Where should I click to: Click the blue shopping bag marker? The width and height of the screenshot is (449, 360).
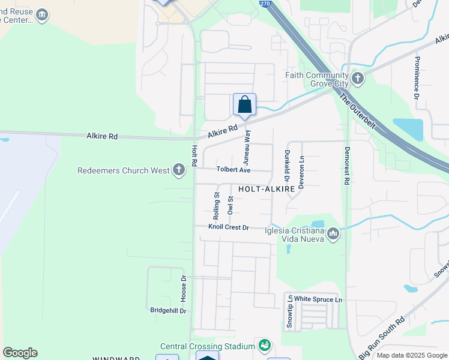click(244, 104)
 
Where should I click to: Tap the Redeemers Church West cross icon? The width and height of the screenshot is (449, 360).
click(178, 170)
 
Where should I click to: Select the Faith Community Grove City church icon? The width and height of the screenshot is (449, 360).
click(358, 79)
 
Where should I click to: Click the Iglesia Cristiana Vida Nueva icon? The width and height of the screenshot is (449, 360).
click(333, 233)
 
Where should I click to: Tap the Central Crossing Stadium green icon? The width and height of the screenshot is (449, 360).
click(264, 346)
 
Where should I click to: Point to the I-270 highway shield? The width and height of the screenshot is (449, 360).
click(265, 4)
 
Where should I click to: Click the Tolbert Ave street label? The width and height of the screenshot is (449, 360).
click(234, 170)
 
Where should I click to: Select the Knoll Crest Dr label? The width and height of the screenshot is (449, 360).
click(228, 227)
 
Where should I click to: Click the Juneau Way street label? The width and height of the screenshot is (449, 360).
click(246, 148)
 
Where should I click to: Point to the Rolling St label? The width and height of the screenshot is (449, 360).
click(216, 205)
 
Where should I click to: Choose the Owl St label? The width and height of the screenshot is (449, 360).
click(230, 205)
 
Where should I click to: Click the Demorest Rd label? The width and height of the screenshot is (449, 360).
click(346, 164)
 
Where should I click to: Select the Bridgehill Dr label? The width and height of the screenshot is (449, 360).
click(168, 311)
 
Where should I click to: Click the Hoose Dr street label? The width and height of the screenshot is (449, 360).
click(184, 288)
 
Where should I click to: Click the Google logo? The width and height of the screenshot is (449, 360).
click(20, 353)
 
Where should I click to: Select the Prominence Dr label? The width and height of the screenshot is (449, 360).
click(416, 77)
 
